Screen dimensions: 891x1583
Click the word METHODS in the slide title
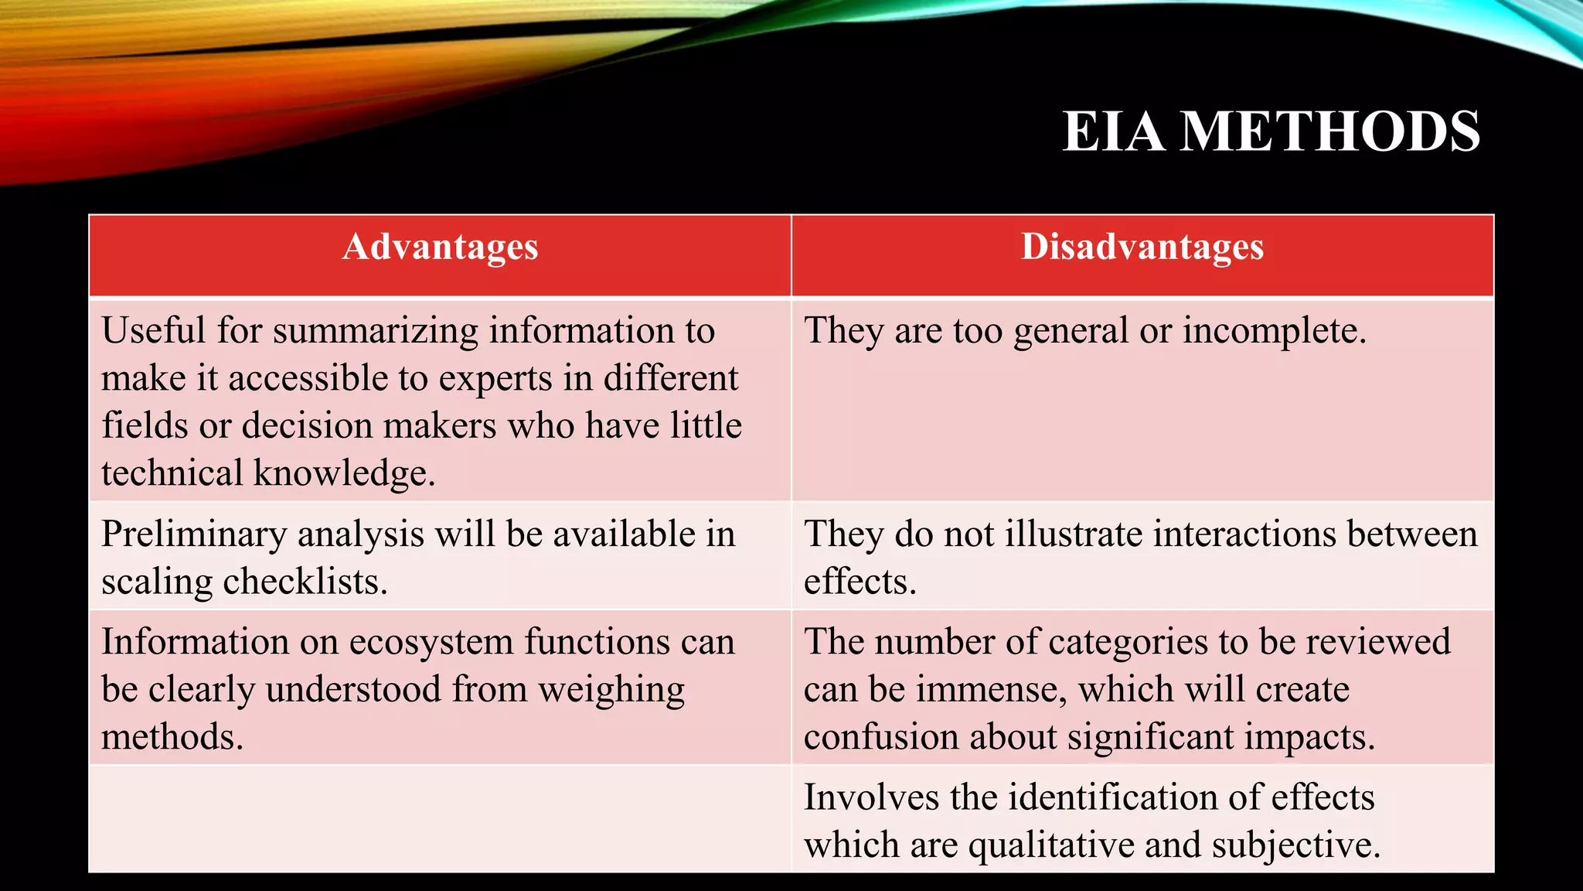[x=1331, y=131]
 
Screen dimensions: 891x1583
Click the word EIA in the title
[x=1113, y=131]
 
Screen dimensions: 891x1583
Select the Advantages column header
[x=440, y=247]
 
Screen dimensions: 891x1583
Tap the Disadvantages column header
[x=1142, y=247]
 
